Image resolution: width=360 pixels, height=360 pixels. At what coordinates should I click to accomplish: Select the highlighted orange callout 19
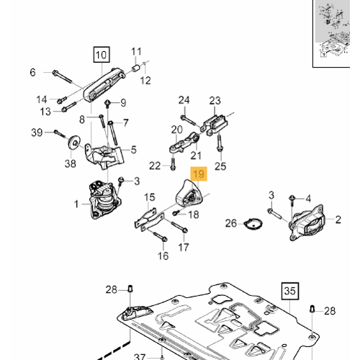click(x=198, y=174)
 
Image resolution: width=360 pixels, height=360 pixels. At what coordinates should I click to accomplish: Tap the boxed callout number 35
click(x=289, y=291)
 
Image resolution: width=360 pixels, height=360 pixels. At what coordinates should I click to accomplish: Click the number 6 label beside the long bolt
click(x=32, y=72)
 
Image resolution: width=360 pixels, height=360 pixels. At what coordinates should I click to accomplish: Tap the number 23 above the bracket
click(x=215, y=100)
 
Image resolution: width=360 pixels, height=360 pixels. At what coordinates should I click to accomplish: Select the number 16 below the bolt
click(x=163, y=256)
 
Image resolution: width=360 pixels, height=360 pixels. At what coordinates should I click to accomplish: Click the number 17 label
click(x=184, y=248)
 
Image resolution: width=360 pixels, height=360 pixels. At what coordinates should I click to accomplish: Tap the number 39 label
click(x=36, y=132)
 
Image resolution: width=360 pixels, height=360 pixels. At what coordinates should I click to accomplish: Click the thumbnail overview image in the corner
click(x=336, y=32)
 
